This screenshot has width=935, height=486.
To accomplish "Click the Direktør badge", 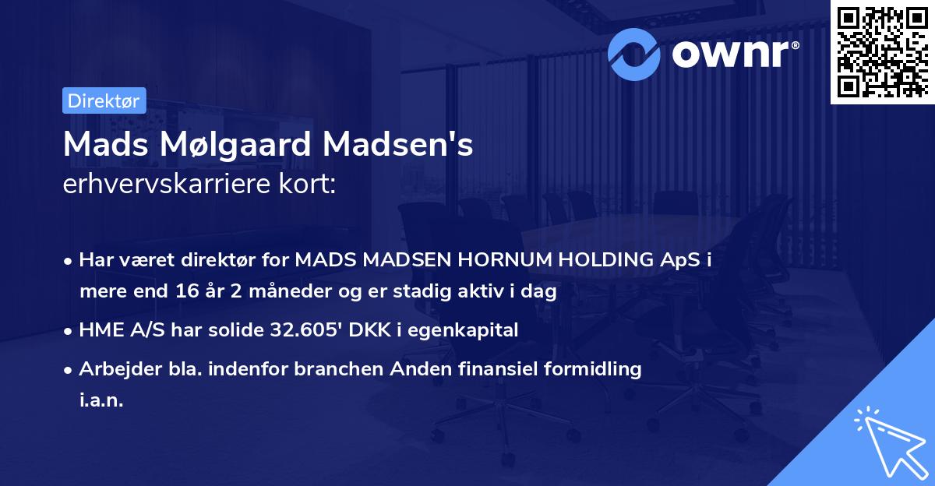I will coord(103,100).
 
